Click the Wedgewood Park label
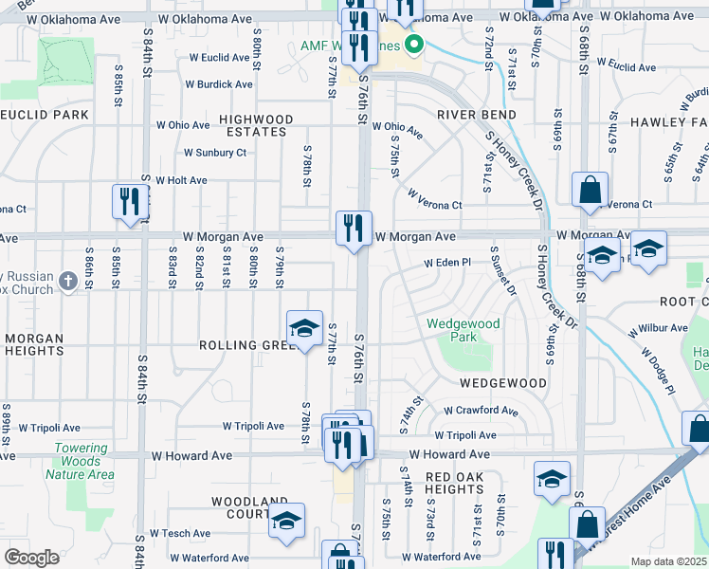click(x=463, y=330)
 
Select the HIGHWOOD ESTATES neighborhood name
click(x=256, y=125)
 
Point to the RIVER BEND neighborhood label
click(x=477, y=115)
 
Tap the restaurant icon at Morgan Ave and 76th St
click(x=354, y=228)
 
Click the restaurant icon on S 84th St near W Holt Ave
click(x=129, y=202)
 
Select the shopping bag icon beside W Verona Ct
click(x=590, y=189)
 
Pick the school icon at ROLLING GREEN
click(x=303, y=328)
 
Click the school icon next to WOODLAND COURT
click(x=286, y=521)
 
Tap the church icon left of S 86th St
click(x=66, y=281)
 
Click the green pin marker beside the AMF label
click(x=413, y=45)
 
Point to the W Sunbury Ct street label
click(x=215, y=152)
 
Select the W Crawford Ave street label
click(x=481, y=412)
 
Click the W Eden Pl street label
click(x=446, y=263)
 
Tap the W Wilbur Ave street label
click(x=658, y=328)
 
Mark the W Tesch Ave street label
click(x=187, y=533)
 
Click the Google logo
click(x=31, y=558)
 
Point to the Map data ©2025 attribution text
click(x=668, y=561)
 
